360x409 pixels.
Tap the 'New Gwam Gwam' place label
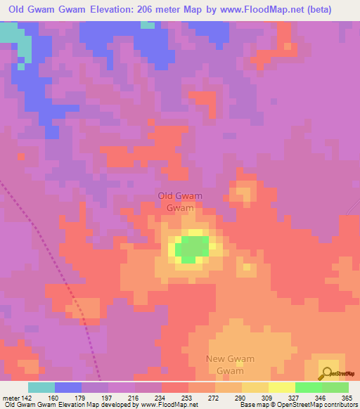click(x=230, y=365)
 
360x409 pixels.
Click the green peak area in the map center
click(x=191, y=249)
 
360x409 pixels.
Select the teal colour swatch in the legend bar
click(x=41, y=388)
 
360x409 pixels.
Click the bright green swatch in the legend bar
click(x=308, y=388)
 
